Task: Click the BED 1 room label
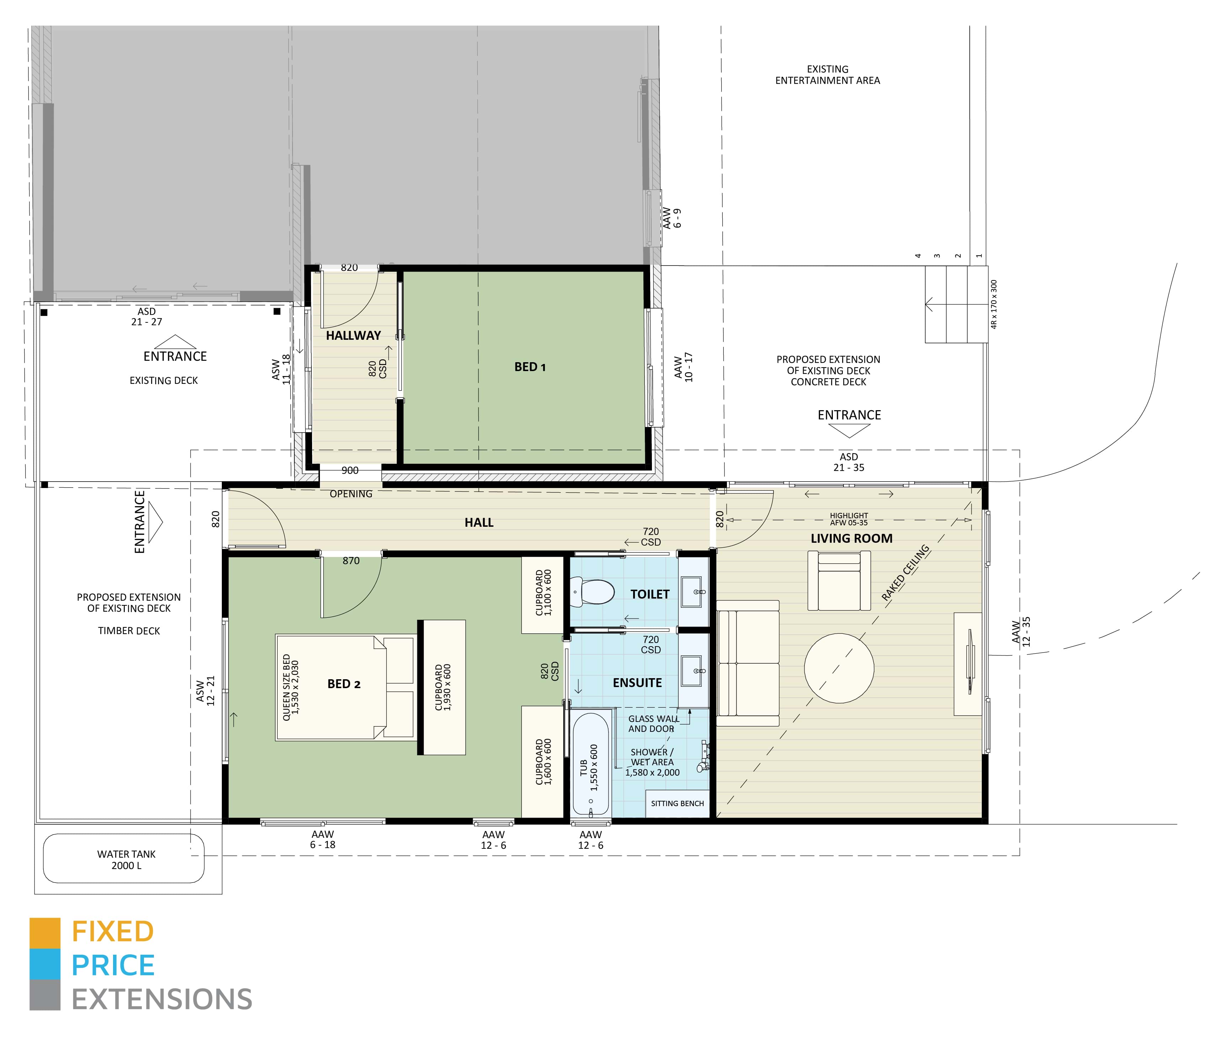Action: [530, 367]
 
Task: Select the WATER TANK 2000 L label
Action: [126, 859]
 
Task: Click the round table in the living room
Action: [839, 668]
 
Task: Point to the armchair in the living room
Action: [839, 580]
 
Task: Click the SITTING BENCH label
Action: [677, 803]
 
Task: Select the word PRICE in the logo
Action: [113, 965]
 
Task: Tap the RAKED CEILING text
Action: [905, 573]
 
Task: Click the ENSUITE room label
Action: [637, 683]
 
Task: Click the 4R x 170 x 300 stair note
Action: [994, 304]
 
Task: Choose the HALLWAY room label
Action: [353, 336]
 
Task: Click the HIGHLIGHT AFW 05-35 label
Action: [848, 519]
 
